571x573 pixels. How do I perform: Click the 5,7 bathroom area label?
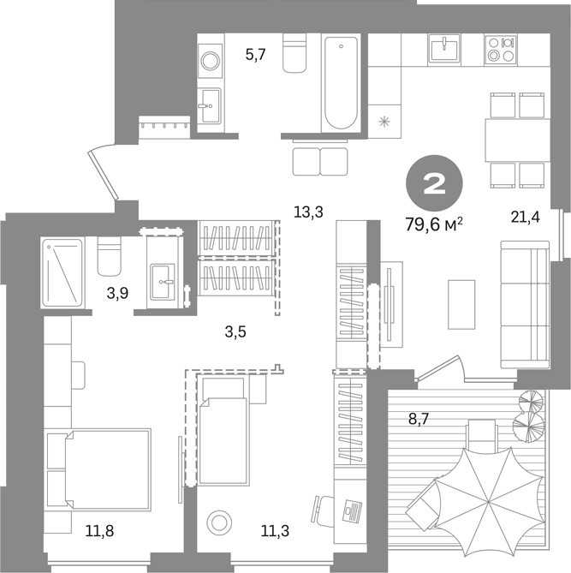tap(255, 56)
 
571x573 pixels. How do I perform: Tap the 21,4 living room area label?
tap(525, 217)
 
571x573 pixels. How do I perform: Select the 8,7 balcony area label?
tap(418, 419)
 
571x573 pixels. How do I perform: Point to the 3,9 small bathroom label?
tap(117, 293)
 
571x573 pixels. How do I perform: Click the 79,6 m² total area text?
tap(434, 224)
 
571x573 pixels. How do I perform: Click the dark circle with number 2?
tap(434, 183)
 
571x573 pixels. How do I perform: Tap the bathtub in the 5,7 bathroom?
tap(341, 83)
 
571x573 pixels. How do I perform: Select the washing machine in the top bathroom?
tap(210, 61)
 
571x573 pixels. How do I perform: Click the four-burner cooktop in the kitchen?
tap(501, 50)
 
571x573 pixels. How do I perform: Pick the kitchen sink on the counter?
tap(444, 48)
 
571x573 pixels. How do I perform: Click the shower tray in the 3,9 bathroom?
tap(62, 272)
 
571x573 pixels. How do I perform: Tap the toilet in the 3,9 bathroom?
tap(109, 256)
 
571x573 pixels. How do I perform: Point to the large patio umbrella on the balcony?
tap(489, 503)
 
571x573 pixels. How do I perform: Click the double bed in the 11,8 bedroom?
tap(107, 469)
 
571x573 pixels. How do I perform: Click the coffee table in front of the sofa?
tap(461, 304)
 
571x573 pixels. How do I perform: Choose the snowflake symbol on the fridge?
tap(384, 121)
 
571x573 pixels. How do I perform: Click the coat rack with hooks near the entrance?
tap(164, 127)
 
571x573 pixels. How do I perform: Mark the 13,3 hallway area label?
tap(308, 212)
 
